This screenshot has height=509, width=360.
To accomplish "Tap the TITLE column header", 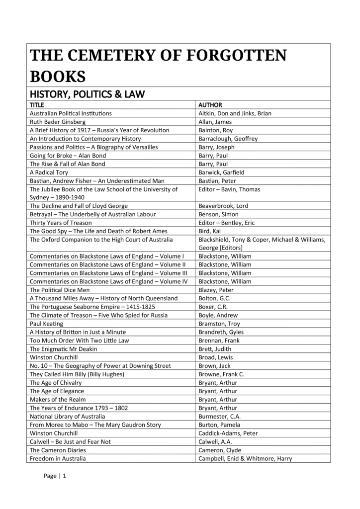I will coord(37,105).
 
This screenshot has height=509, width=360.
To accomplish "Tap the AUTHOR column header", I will coord(210,105).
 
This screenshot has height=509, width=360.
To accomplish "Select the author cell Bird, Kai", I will coord(209,231).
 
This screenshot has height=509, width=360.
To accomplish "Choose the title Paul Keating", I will coord(46,324).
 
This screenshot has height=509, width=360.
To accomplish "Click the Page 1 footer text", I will coord(55,476).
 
